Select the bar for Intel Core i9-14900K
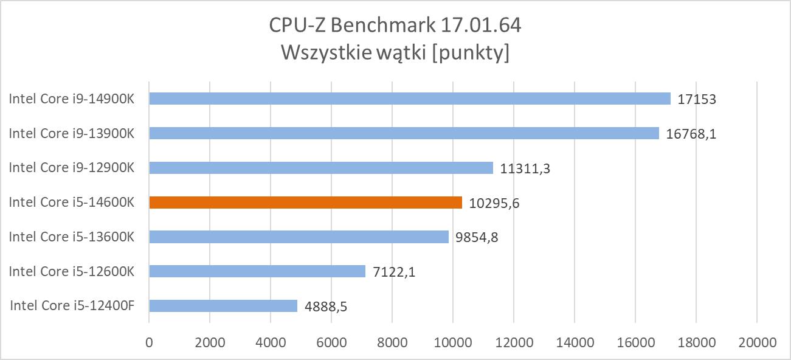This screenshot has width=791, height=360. pyautogui.click(x=409, y=99)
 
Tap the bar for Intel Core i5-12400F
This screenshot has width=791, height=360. pyautogui.click(x=223, y=306)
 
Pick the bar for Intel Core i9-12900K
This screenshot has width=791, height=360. pyautogui.click(x=320, y=168)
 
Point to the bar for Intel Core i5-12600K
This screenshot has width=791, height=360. pyautogui.click(x=257, y=271)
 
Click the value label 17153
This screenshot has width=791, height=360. pyautogui.click(x=697, y=99)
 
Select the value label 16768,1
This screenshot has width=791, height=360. pyautogui.click(x=691, y=134)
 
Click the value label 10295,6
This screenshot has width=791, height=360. pyautogui.click(x=494, y=203)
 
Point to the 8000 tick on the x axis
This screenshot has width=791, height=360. pyautogui.click(x=392, y=343)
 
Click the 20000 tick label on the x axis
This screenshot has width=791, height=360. pyautogui.click(x=756, y=343)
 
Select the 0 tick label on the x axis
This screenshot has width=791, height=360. pyautogui.click(x=149, y=343)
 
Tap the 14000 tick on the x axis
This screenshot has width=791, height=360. pyautogui.click(x=575, y=343)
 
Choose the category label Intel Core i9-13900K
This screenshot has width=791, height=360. pyautogui.click(x=71, y=133)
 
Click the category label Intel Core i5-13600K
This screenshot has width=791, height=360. pyautogui.click(x=71, y=237)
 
